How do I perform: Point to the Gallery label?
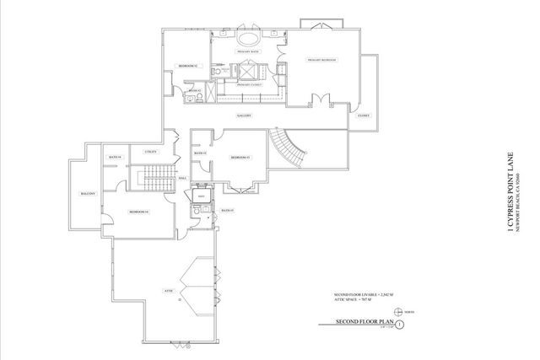[246, 116]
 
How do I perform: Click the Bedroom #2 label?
[187, 66]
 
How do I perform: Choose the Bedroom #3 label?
[241, 158]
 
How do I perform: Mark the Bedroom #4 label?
[139, 212]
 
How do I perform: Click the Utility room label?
[151, 151]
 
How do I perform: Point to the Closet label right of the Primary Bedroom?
[364, 116]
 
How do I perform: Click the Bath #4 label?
[114, 158]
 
